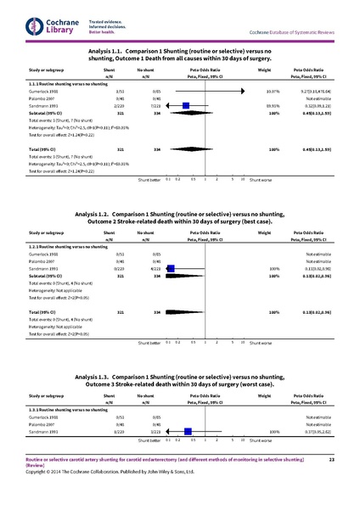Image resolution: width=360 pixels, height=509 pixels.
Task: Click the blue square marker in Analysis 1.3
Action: click(x=188, y=430)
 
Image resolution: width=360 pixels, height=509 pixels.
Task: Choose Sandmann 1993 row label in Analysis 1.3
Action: click(x=43, y=430)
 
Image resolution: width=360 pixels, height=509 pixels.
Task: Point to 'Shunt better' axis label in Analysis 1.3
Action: click(x=149, y=442)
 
